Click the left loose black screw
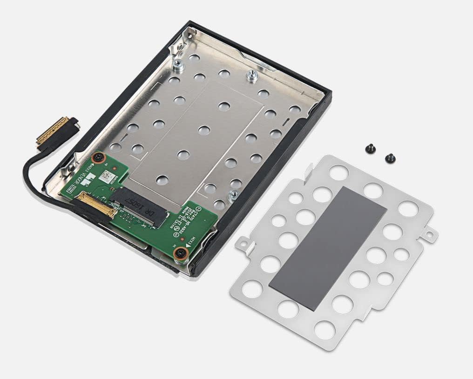[x=371, y=149]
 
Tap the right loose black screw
[x=390, y=159]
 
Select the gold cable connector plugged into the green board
[x=98, y=204]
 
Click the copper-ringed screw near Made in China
[x=180, y=253]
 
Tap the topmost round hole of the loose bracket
[x=338, y=173]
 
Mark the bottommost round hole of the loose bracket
[x=324, y=330]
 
